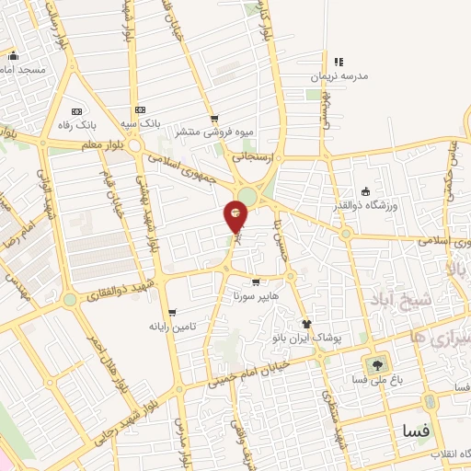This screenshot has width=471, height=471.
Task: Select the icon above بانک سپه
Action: pos(139,109)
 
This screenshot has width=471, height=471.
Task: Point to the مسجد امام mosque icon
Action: pos(13,55)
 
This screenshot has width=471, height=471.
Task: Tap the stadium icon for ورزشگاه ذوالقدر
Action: pos(366,191)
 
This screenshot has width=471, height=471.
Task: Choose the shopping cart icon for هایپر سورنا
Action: pos(255,282)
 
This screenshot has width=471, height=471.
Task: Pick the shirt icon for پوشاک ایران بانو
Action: pos(307,324)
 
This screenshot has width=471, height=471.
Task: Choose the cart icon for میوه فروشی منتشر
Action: pos(214,118)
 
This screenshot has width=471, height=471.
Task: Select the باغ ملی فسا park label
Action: pos(374,379)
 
